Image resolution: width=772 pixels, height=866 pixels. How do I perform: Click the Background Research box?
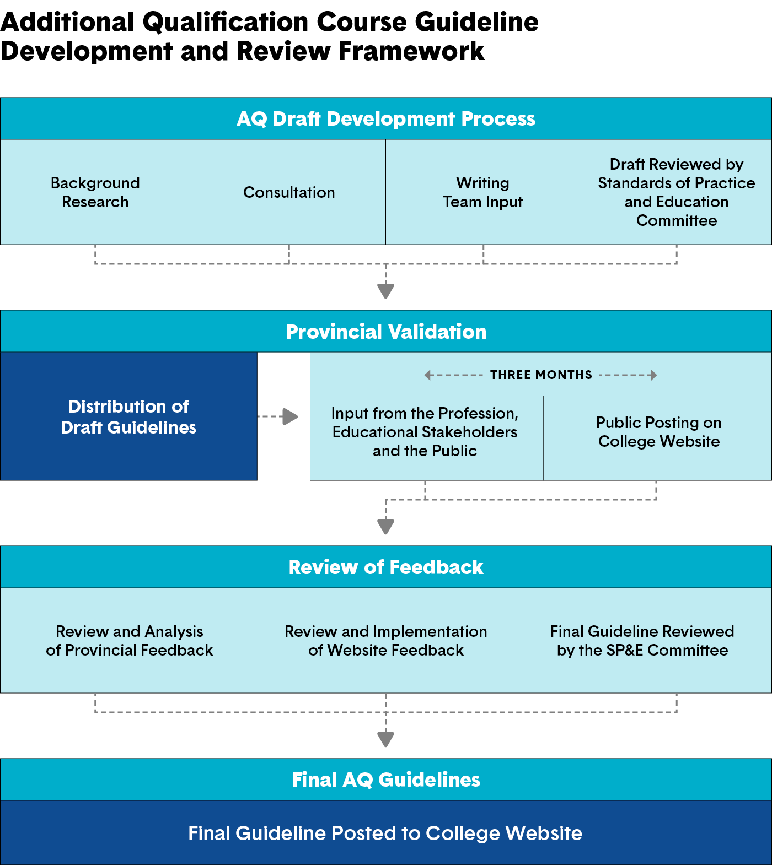coord(95,192)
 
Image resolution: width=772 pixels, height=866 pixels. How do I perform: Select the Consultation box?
coord(289,192)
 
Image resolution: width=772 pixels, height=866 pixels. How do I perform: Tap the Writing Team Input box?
coord(482,192)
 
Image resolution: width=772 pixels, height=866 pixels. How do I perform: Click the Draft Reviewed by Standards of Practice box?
coord(676,192)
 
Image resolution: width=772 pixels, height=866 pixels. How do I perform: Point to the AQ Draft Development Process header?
coord(386,118)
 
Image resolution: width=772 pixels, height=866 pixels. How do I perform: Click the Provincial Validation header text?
coord(386,332)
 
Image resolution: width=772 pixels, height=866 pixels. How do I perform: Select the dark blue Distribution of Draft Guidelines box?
coord(128,416)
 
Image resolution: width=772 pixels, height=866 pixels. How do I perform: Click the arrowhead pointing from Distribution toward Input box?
coord(290,416)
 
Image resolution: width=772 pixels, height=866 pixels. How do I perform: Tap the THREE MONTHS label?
coord(541,375)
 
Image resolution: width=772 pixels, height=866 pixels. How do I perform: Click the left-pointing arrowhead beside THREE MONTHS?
coord(428,375)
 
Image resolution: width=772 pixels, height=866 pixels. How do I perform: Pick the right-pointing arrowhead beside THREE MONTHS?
coord(653,375)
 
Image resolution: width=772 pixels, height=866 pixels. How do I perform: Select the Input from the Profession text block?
coord(425,432)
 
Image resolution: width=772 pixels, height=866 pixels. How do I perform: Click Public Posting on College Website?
coord(659,432)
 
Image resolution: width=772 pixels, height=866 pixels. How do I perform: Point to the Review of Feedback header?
coord(386,567)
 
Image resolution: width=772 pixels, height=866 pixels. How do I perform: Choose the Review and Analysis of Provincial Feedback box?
coord(129,641)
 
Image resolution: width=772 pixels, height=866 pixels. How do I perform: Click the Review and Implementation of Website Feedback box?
coord(386,641)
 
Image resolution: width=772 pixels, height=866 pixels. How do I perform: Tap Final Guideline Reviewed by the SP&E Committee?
coord(642,641)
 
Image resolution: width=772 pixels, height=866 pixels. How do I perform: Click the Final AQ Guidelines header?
coord(386,780)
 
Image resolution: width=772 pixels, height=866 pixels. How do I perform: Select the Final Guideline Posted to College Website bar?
coord(386,833)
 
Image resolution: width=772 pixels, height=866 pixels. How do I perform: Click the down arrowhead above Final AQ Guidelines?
coord(385,738)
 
